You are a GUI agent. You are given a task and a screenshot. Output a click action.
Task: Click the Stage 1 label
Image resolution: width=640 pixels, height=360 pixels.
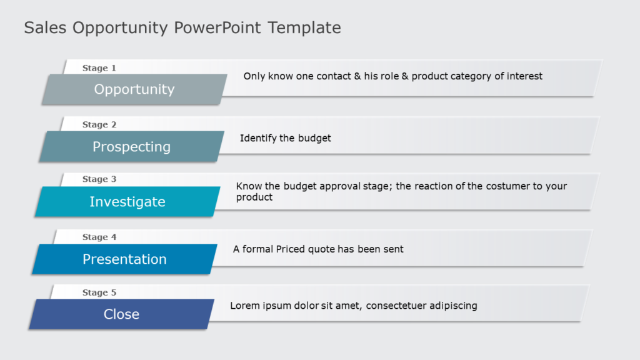tap(99, 68)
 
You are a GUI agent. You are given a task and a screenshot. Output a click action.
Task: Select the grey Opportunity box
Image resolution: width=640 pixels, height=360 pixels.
tap(134, 89)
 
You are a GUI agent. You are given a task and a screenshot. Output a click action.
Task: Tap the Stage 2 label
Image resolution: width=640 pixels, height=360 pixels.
tap(99, 124)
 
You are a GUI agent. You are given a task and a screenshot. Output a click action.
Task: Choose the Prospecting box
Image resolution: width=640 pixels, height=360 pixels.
tap(131, 147)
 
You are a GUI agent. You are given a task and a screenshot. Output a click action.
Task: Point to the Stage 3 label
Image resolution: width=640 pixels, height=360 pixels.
tap(99, 179)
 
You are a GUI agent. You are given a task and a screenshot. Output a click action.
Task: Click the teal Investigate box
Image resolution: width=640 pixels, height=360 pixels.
tap(127, 202)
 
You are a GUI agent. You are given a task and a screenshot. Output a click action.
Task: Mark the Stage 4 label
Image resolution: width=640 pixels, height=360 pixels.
tap(99, 237)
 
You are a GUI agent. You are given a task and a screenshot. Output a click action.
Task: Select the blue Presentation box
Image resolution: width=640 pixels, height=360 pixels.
tap(124, 259)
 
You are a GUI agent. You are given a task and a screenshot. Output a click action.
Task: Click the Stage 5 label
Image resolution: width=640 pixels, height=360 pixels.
tap(99, 292)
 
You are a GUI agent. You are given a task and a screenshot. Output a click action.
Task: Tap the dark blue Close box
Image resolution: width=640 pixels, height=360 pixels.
tap(121, 314)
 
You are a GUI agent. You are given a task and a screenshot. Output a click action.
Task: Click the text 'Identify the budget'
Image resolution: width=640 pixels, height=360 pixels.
tap(285, 138)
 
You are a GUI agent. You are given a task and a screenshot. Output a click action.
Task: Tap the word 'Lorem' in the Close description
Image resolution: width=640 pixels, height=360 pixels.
tap(244, 306)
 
